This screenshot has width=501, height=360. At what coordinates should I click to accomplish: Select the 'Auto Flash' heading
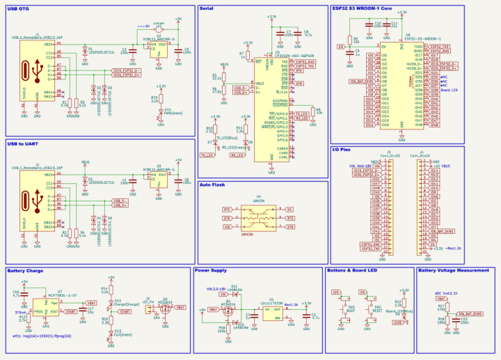pyautogui.click(x=212, y=185)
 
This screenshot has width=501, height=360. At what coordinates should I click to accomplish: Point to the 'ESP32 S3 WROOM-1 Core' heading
pyautogui.click(x=361, y=8)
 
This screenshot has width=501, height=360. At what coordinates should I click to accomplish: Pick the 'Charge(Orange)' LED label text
pyautogui.click(x=127, y=304)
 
